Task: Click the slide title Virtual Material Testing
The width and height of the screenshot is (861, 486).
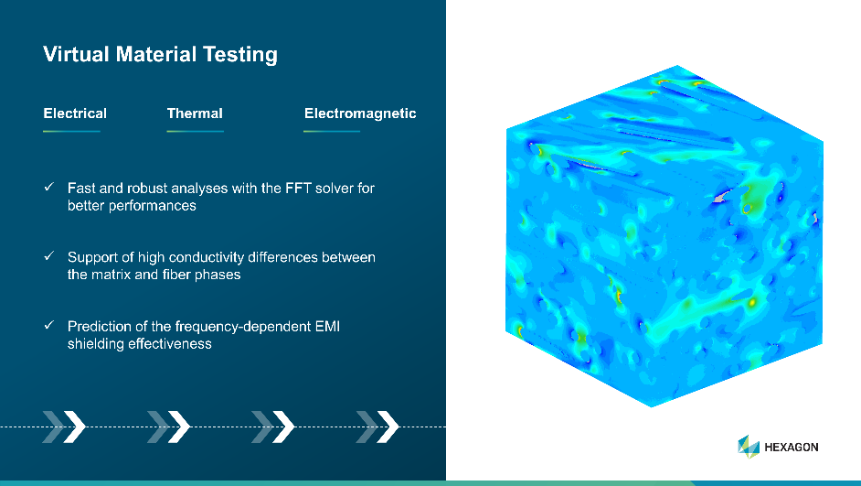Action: (160, 54)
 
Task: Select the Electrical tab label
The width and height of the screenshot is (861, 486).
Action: (75, 113)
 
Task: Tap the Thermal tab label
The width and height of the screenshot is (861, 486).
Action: (195, 113)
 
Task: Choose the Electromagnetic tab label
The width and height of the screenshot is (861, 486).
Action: (360, 113)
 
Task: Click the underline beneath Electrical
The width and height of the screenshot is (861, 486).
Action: (71, 132)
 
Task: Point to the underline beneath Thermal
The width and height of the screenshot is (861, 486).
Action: (195, 132)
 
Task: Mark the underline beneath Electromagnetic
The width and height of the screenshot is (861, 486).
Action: (332, 132)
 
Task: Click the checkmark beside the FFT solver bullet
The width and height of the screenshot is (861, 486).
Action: (49, 187)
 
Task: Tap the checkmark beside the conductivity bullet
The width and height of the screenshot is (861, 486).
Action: (49, 255)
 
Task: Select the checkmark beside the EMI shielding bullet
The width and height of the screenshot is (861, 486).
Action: (49, 325)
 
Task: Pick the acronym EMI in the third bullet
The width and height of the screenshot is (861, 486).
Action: (327, 326)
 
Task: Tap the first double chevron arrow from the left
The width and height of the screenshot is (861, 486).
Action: (64, 427)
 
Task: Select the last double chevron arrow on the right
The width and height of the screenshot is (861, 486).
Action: (377, 427)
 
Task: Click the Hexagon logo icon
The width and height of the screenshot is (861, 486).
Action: (749, 447)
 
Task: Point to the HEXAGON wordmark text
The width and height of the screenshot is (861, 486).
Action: (792, 447)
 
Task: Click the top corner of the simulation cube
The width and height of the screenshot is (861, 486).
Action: (677, 65)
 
